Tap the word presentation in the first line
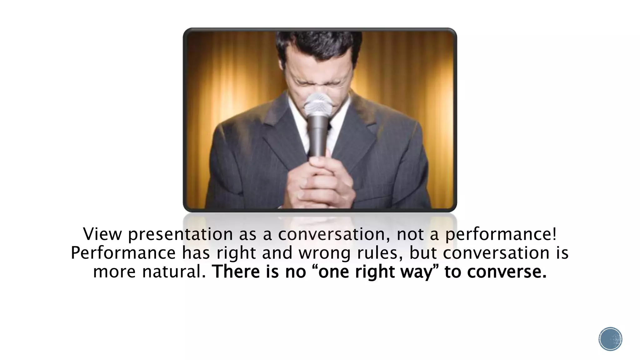coord(180,235)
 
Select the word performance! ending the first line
coord(501,235)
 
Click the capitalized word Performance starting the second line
coord(123,253)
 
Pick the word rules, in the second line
coord(380,253)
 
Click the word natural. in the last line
coord(174,272)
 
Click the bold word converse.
coord(507,272)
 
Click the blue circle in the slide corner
coord(610,339)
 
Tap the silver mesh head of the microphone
coord(318,104)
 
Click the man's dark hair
coord(319,44)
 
